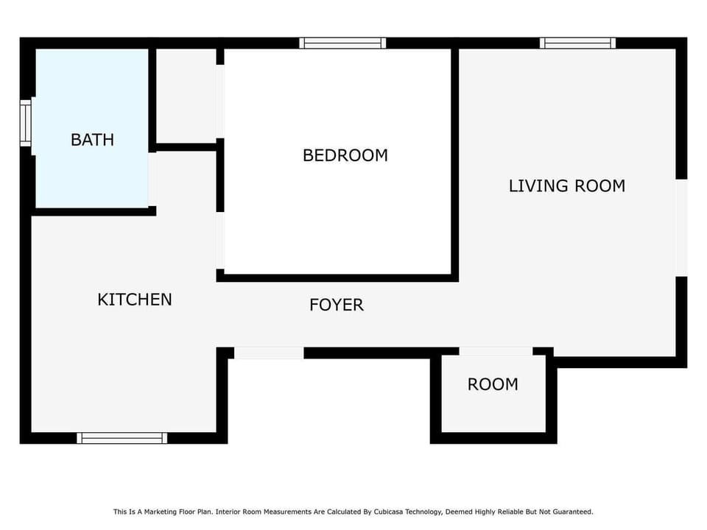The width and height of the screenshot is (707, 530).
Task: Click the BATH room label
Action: [x=92, y=139]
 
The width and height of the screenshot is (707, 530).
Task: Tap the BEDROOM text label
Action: [x=345, y=155]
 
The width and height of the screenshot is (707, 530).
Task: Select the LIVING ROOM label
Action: [x=566, y=185]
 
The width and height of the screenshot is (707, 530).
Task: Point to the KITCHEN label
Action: [x=135, y=300]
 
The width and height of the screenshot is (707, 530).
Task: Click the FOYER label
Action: [x=336, y=305]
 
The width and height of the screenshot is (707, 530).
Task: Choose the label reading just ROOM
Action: [x=493, y=384]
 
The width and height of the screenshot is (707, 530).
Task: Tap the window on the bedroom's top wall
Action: [x=342, y=43]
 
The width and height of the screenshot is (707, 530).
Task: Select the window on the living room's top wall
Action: [x=578, y=43]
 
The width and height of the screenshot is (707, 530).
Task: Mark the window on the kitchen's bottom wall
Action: [x=122, y=438]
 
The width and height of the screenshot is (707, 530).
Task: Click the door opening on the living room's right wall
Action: [x=681, y=228]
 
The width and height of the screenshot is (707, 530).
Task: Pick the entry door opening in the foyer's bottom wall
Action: [x=269, y=353]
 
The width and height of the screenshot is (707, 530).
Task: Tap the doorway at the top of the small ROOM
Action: [x=496, y=352]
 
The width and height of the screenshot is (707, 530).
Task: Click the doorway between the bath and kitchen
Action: [x=152, y=179]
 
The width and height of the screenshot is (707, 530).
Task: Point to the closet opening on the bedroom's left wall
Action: [x=220, y=102]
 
